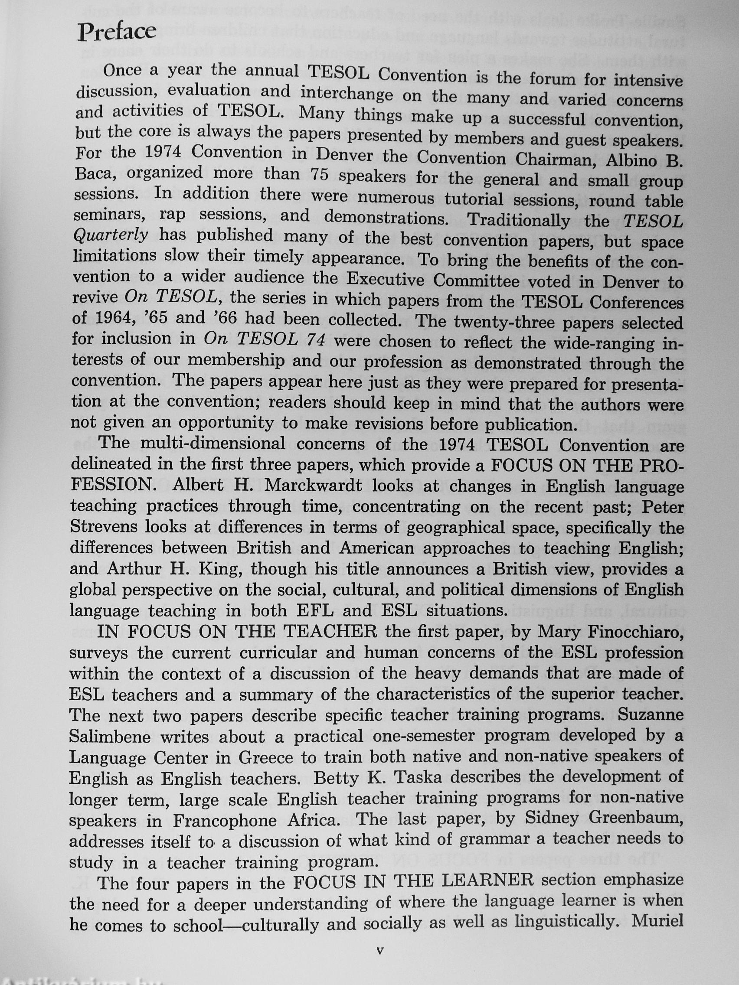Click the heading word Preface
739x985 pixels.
117,32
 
